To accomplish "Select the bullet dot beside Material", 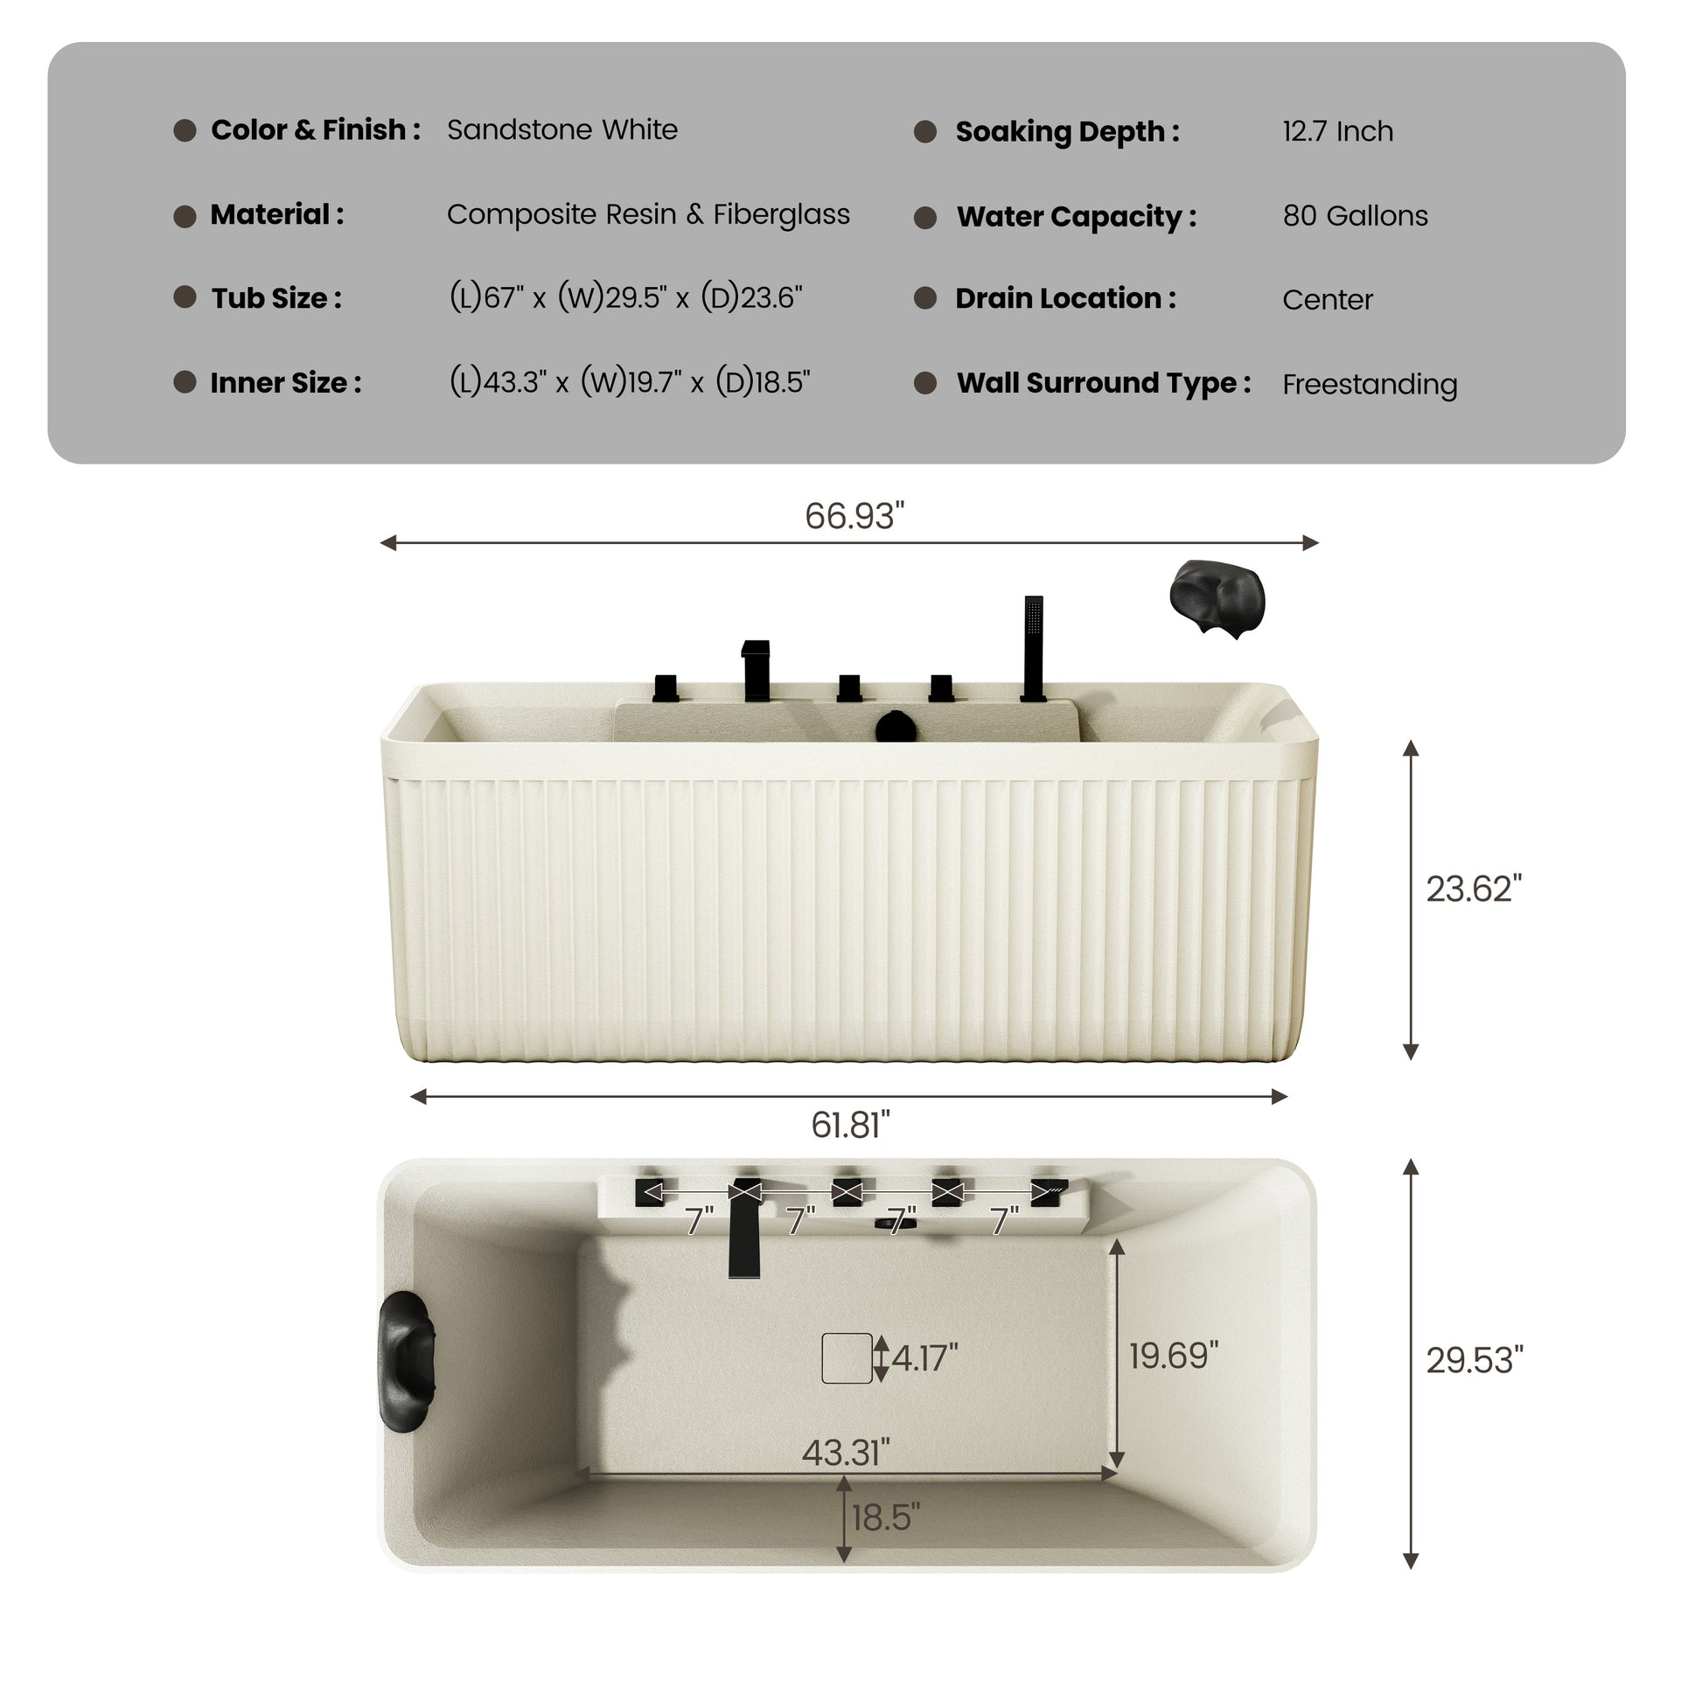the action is click(186, 217).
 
